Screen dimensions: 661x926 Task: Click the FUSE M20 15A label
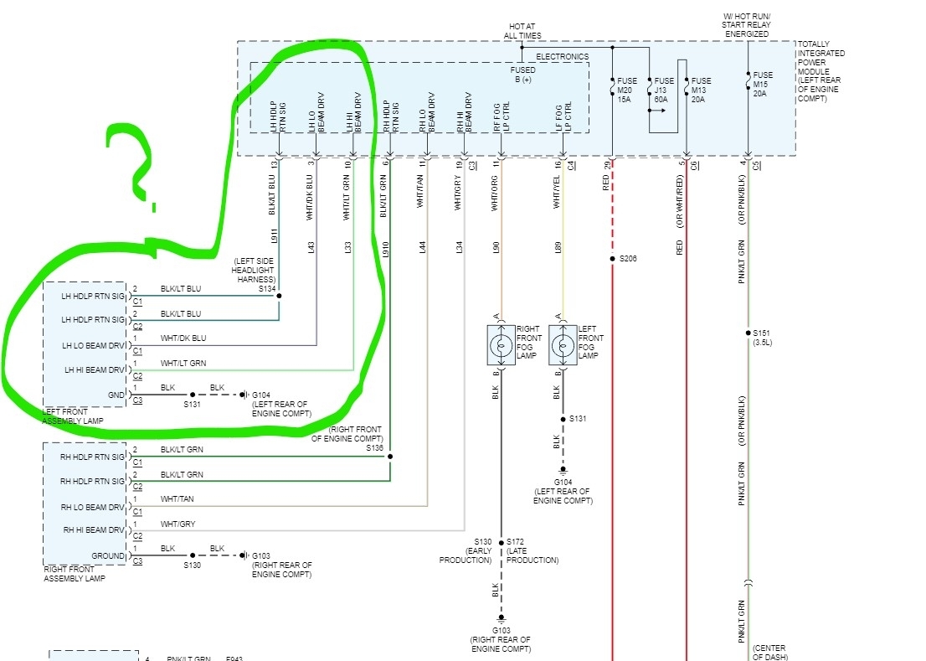coord(627,90)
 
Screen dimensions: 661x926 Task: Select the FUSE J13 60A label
coord(663,90)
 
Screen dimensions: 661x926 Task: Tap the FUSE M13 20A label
coord(702,90)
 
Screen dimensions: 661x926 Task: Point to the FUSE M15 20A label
coord(763,84)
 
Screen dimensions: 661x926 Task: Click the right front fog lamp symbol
coord(501,345)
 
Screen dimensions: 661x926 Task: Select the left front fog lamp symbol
coord(563,345)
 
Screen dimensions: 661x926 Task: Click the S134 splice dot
coord(280,296)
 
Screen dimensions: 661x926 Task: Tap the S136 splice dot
coord(390,457)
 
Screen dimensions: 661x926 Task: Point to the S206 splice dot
coord(613,259)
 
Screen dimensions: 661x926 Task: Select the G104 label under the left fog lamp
coord(563,483)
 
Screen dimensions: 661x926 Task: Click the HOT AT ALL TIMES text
coord(522,31)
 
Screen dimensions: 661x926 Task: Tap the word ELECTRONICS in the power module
coord(562,57)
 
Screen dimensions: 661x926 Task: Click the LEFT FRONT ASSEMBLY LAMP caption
coord(75,416)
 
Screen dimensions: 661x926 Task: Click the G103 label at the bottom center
coord(501,631)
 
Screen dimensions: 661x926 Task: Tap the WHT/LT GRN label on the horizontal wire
coord(183,363)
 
